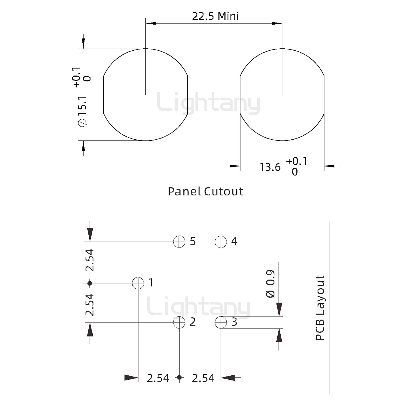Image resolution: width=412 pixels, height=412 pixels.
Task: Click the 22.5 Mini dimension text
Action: click(215, 16)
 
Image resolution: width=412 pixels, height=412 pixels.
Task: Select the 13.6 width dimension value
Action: click(270, 167)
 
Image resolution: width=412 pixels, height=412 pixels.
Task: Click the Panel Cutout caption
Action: click(205, 191)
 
